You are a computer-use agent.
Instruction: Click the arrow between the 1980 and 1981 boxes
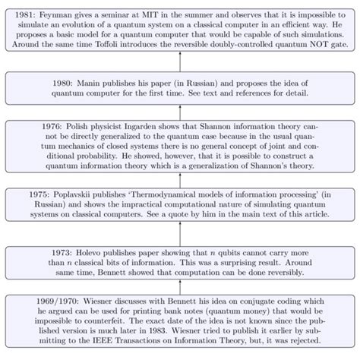(x=180, y=61)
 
